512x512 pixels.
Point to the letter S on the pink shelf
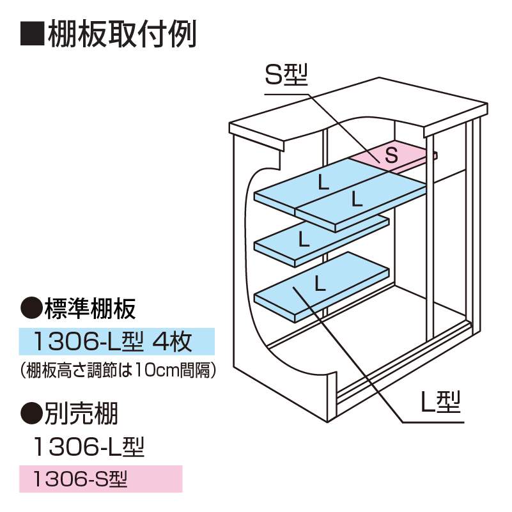(392, 154)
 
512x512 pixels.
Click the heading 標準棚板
(89, 309)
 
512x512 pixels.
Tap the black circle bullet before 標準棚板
(31, 309)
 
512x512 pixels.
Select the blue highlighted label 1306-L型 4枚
(116, 342)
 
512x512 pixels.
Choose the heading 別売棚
(81, 414)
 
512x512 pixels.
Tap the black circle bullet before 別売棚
(31, 414)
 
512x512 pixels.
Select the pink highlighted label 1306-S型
(100, 478)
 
